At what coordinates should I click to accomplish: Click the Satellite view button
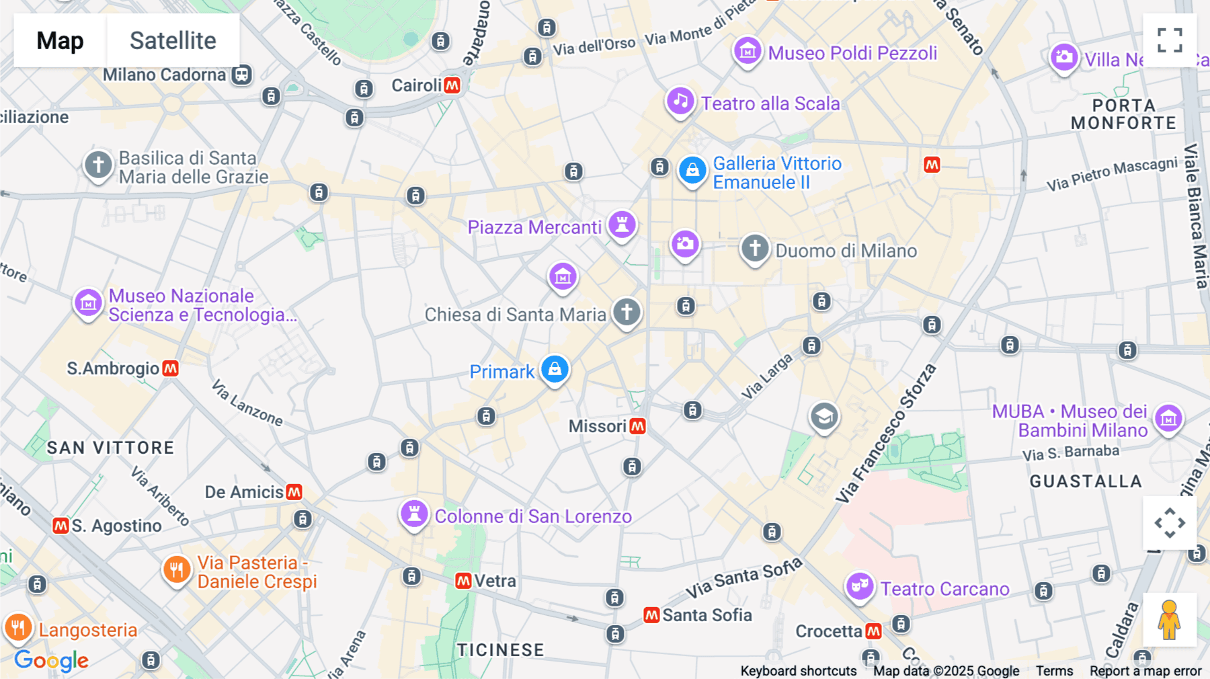pyautogui.click(x=173, y=40)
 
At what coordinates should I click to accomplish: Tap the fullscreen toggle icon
pyautogui.click(x=1170, y=40)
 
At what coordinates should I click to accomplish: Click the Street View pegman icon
pyautogui.click(x=1170, y=620)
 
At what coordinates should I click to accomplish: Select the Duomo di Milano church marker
pyautogui.click(x=755, y=248)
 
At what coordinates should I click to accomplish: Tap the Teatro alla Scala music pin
pyautogui.click(x=680, y=102)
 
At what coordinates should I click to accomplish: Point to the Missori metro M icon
pyautogui.click(x=638, y=426)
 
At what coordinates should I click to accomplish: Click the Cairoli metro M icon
pyautogui.click(x=452, y=85)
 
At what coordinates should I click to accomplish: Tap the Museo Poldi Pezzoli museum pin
pyautogui.click(x=748, y=51)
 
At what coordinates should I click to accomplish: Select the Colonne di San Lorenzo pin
pyautogui.click(x=415, y=514)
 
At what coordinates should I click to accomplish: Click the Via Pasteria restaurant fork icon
pyautogui.click(x=176, y=570)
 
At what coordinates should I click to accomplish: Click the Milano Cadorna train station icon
pyautogui.click(x=242, y=75)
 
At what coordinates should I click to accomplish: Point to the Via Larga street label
pyautogui.click(x=767, y=377)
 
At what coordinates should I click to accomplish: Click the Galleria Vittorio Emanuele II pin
pyautogui.click(x=692, y=171)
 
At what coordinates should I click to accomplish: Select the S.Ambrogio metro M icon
pyautogui.click(x=171, y=368)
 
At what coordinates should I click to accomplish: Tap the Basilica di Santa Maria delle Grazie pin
pyautogui.click(x=98, y=165)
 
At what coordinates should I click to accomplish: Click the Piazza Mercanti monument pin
pyautogui.click(x=622, y=225)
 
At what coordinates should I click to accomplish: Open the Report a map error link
pyautogui.click(x=1145, y=671)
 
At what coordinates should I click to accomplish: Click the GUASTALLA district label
pyautogui.click(x=1086, y=481)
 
